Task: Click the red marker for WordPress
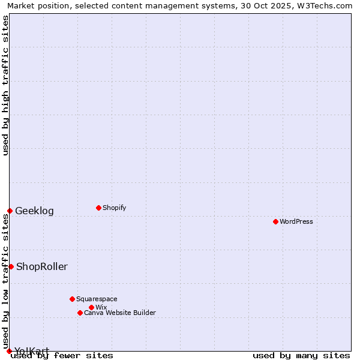point(275,221)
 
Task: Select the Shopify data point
point(98,208)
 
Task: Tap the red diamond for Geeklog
point(10,211)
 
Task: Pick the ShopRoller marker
point(11,266)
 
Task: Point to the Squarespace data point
point(72,299)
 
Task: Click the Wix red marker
point(91,307)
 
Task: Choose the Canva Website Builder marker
point(80,313)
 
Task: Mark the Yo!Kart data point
point(9,351)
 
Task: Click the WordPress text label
point(296,221)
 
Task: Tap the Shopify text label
point(114,208)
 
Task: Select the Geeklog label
point(34,211)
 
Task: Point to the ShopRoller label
point(42,266)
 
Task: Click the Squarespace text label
point(97,299)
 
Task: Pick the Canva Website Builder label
point(120,313)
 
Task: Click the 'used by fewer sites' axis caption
point(62,355)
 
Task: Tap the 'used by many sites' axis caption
point(301,355)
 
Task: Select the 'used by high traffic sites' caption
point(5,85)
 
